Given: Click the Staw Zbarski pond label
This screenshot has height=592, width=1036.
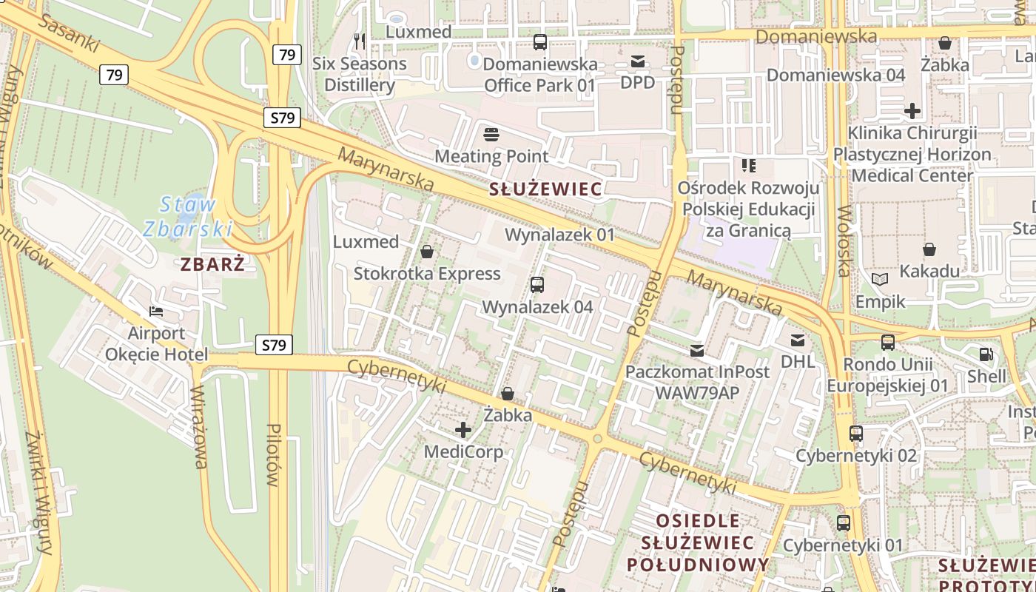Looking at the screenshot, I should pyautogui.click(x=188, y=216).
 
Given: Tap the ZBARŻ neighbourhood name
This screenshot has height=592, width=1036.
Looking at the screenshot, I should pyautogui.click(x=212, y=264).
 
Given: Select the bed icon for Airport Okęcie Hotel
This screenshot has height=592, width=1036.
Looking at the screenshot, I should pyautogui.click(x=155, y=312).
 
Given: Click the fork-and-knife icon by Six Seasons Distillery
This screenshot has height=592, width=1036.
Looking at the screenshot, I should pyautogui.click(x=360, y=41).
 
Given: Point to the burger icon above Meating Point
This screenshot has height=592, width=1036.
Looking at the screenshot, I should pyautogui.click(x=491, y=135).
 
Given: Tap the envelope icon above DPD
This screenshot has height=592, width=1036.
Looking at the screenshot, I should pyautogui.click(x=638, y=61).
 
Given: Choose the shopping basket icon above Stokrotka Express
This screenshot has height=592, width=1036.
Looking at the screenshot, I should pyautogui.click(x=427, y=252).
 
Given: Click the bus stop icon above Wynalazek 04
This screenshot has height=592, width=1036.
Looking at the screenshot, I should pyautogui.click(x=537, y=285).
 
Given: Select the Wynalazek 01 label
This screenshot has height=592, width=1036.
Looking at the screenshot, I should pyautogui.click(x=559, y=235).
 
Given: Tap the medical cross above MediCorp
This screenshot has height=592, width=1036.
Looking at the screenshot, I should pyautogui.click(x=463, y=430).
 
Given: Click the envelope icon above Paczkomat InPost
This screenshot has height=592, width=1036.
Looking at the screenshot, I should pyautogui.click(x=697, y=350).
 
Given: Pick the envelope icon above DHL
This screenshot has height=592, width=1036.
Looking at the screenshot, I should pyautogui.click(x=798, y=340).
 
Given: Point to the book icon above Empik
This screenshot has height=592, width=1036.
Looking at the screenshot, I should pyautogui.click(x=880, y=280).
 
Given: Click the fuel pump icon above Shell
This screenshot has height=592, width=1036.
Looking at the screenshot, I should pyautogui.click(x=986, y=354).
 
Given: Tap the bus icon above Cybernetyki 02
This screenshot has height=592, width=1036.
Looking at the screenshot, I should pyautogui.click(x=856, y=434).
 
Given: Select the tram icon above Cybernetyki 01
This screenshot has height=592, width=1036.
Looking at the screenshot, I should pyautogui.click(x=843, y=523).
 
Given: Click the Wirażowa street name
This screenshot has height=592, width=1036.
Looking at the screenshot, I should pyautogui.click(x=198, y=427).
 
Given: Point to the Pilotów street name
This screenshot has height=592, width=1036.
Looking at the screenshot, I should pyautogui.click(x=273, y=454).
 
